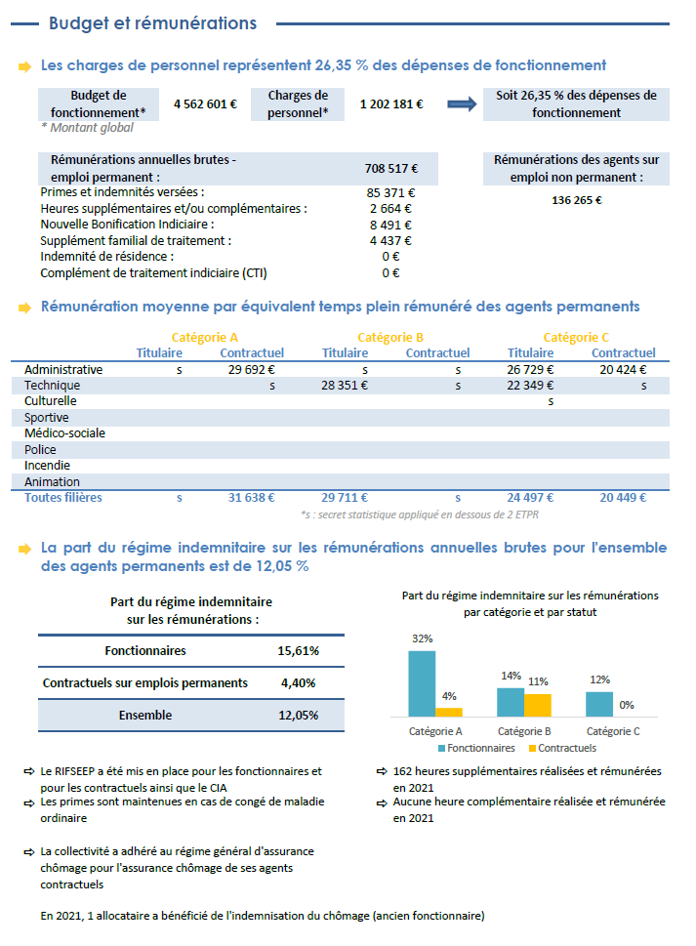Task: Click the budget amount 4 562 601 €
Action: point(205,104)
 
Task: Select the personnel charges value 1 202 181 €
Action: point(390,104)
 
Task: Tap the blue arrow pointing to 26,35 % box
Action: point(461,104)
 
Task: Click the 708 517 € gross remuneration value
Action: point(390,168)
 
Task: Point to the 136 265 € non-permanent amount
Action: point(576,200)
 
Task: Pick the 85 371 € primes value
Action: point(390,193)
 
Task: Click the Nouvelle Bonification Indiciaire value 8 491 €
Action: point(390,225)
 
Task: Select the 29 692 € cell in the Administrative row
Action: point(251,370)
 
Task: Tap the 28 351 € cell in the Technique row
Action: point(345,386)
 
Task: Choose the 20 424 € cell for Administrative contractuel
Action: point(624,370)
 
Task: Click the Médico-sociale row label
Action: point(64,433)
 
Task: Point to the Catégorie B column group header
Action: point(390,338)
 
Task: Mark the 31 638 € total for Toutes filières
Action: point(251,498)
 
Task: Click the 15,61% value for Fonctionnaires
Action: point(299,651)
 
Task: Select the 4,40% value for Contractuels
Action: point(299,683)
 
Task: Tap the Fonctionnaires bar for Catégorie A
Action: point(422,683)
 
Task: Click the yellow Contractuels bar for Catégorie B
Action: point(538,706)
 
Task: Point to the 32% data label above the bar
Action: point(422,639)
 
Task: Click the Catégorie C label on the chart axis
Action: point(613,731)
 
